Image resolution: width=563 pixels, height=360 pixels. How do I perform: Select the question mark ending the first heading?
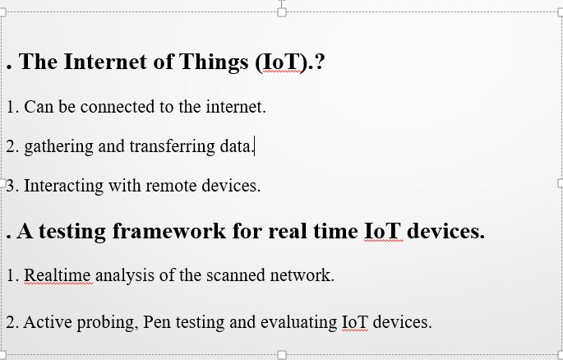tap(320, 62)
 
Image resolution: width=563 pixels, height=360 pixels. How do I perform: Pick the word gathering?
tap(58, 147)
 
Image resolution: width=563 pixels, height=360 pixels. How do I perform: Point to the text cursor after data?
tap(254, 146)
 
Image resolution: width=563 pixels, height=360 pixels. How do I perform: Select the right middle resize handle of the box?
tap(561, 183)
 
